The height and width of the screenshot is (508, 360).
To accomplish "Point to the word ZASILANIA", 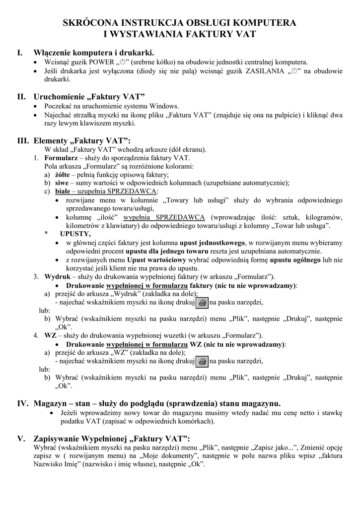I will tap(265, 71).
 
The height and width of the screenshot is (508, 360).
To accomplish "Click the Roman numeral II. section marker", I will tap(21, 96).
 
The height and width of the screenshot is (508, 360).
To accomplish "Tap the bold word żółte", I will tap(62, 174).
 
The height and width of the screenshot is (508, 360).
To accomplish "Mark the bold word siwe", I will tap(61, 183).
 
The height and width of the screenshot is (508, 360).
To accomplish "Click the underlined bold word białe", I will tap(62, 191).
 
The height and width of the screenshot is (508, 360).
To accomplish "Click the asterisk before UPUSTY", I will tap(47, 234).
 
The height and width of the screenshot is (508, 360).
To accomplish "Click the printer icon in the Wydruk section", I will tap(202, 302).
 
